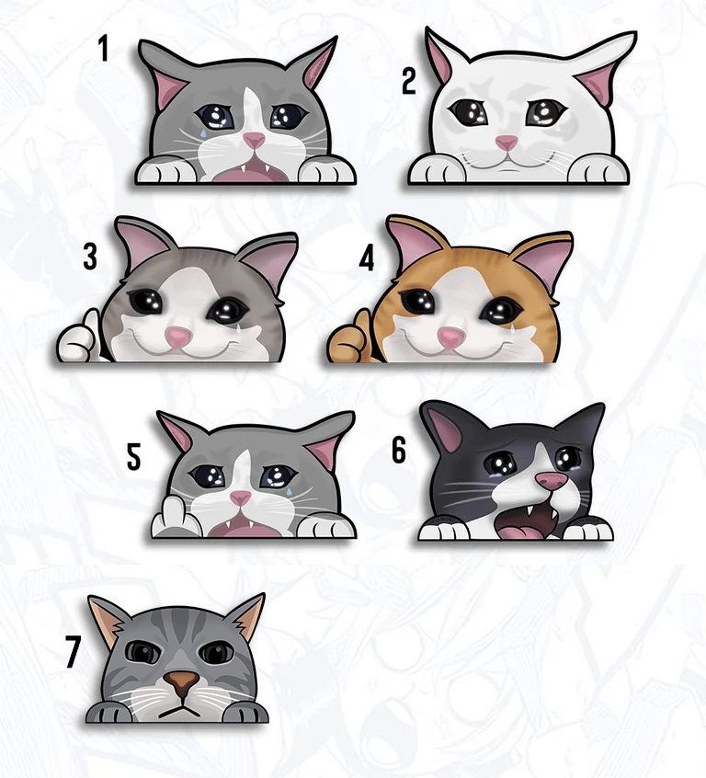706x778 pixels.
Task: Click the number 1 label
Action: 103,48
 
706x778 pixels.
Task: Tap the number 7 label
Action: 73,651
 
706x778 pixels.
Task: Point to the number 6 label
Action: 398,451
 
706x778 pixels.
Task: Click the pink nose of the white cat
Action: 507,143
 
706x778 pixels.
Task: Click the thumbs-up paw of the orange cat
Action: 353,335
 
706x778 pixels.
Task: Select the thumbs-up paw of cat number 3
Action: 79,336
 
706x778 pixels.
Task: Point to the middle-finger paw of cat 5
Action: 174,520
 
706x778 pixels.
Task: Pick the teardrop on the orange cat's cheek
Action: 510,329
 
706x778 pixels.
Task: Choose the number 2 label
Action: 408,81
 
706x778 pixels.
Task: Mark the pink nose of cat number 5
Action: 241,498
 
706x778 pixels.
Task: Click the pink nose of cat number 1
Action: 254,141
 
